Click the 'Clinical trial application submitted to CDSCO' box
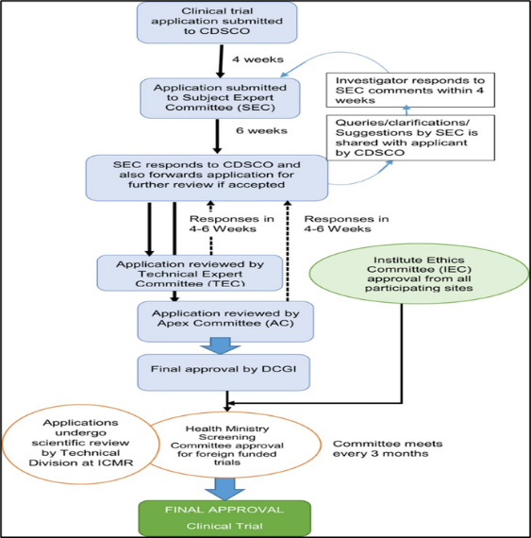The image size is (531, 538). point(217,23)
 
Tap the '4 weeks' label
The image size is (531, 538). point(257,59)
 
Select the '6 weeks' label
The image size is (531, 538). point(261,131)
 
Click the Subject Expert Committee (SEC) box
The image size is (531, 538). point(220,98)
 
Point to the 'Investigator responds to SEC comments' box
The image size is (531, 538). point(410,90)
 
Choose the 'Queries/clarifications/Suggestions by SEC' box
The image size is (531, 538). point(410,138)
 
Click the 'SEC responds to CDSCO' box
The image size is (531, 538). point(207,177)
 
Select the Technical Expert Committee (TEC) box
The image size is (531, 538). point(190,273)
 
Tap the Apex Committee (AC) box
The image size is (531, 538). point(225,322)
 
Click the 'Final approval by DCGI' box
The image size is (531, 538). point(224,372)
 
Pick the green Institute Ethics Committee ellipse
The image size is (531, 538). point(419,274)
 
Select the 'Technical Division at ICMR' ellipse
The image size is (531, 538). point(80,445)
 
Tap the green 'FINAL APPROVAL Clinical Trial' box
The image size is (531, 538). point(224,518)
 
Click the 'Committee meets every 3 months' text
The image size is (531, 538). point(388,448)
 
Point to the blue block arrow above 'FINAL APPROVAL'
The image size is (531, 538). point(224,489)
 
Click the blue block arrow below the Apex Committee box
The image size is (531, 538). point(221,345)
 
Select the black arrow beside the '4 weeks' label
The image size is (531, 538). point(221,61)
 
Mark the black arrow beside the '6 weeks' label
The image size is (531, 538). point(217,136)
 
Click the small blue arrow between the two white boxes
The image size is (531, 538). point(407,110)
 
